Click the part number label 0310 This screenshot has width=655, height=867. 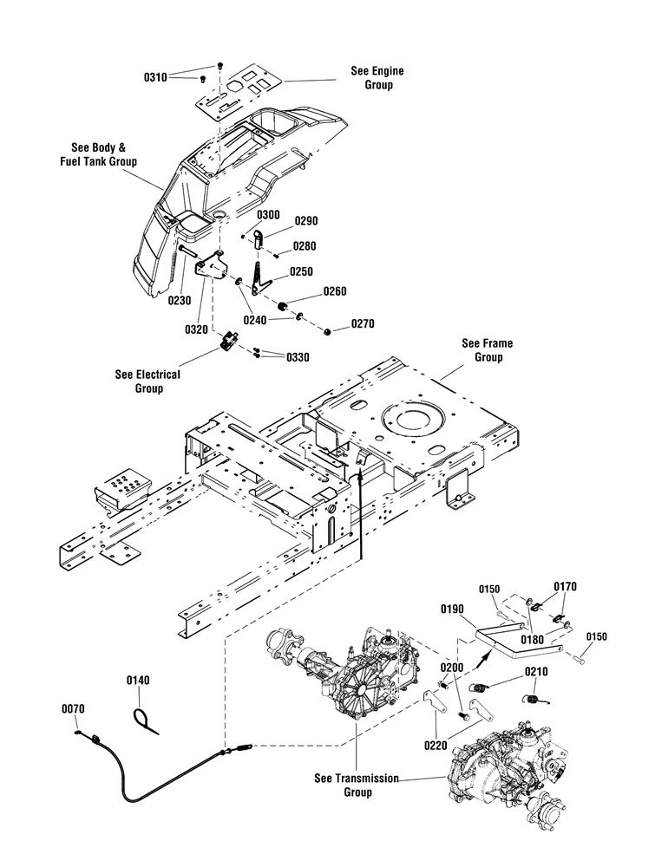coord(155,77)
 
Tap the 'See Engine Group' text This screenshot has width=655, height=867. coord(378,77)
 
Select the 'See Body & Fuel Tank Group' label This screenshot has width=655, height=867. coord(99,154)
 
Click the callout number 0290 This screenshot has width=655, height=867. coord(306,220)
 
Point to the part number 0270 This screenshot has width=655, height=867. coord(363,323)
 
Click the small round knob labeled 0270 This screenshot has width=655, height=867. coord(327,331)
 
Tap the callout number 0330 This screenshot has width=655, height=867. coord(298,357)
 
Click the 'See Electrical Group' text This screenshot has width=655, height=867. coord(147,381)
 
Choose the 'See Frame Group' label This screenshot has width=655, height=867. coord(488,350)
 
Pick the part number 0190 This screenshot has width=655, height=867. coord(452,609)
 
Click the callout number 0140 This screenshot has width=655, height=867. coord(138,680)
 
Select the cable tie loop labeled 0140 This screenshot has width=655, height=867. coord(145,721)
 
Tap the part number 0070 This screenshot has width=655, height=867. coord(73,708)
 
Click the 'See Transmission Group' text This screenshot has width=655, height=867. coord(357,786)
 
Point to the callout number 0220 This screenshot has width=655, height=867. coord(436,746)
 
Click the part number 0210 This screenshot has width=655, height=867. coord(536,672)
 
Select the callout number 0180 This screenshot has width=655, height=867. coord(532,640)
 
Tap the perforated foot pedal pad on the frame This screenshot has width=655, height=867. coord(123,489)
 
